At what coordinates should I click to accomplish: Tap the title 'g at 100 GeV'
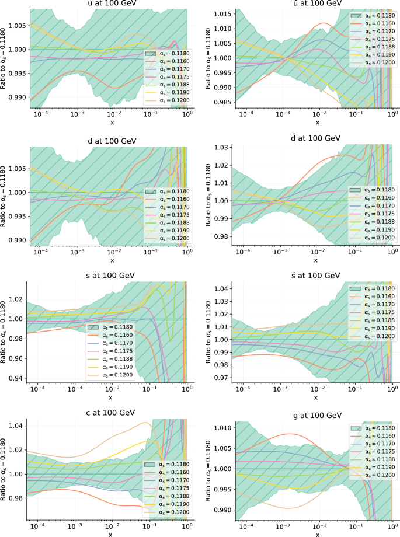(317, 415)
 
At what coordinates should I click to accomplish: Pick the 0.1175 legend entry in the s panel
(114, 351)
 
